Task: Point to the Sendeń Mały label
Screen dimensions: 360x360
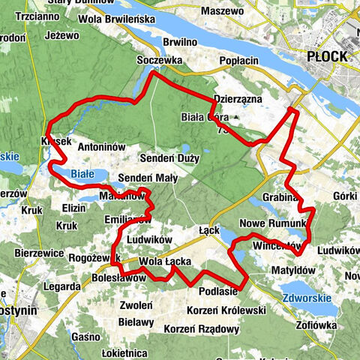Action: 148,178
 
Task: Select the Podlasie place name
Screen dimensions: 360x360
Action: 218,291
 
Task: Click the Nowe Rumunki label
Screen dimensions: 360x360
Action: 274,224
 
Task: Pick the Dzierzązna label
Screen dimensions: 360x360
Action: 236,97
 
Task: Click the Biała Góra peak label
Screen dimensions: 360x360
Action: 204,117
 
